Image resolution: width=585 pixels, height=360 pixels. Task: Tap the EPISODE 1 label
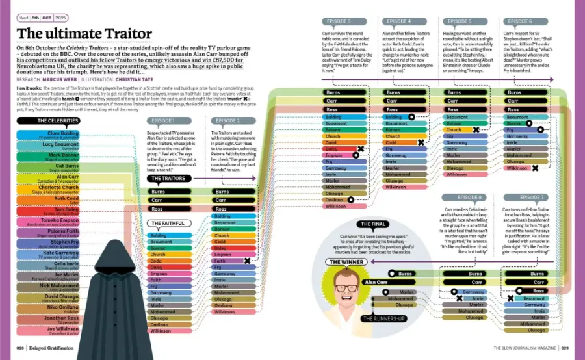(162, 120)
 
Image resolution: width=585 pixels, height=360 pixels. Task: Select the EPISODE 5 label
(459, 21)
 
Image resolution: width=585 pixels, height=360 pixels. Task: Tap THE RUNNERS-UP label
(383, 318)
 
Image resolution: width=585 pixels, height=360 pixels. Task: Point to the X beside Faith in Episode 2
(247, 261)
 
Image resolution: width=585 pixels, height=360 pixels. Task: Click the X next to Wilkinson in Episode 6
(535, 168)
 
